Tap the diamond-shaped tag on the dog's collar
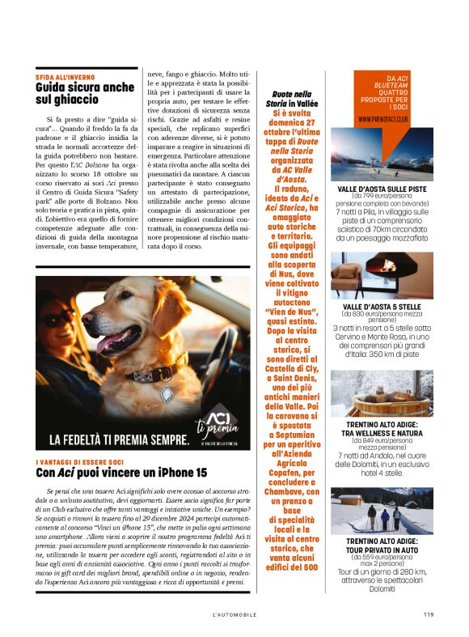(x=167, y=394)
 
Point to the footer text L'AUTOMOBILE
(x=234, y=614)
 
